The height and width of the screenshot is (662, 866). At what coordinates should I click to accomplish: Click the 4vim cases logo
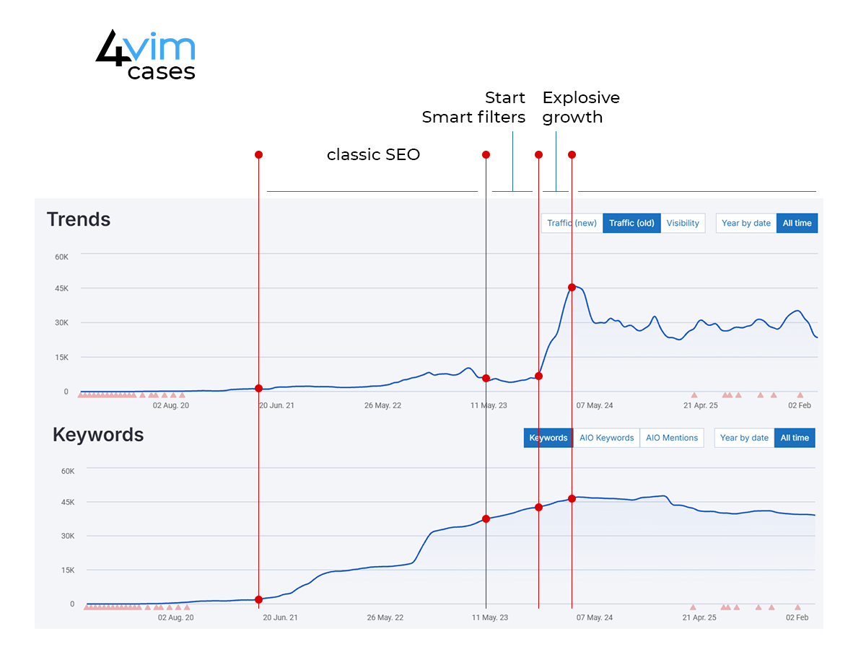tap(146, 55)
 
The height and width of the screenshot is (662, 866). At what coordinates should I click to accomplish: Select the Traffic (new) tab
tap(572, 223)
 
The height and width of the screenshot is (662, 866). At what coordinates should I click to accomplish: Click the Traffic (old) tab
tap(631, 223)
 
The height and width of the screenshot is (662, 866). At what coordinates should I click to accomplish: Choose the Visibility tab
tap(683, 223)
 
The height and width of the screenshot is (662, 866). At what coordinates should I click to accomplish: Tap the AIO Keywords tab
tap(606, 438)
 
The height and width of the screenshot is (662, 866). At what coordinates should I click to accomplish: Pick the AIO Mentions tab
tap(672, 438)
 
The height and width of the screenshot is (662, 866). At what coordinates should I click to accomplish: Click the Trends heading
tap(79, 219)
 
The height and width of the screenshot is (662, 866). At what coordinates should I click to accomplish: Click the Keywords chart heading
tap(98, 435)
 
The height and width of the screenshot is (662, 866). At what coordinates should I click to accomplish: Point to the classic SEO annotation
tap(373, 154)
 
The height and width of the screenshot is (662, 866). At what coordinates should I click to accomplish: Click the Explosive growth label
tap(580, 107)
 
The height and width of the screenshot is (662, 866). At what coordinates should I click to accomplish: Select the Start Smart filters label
tap(474, 107)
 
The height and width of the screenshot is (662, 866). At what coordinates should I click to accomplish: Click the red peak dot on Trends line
tap(572, 287)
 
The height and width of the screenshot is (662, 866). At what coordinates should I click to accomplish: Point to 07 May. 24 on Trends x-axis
tap(594, 405)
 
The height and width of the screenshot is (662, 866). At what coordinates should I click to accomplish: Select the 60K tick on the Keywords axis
tap(67, 471)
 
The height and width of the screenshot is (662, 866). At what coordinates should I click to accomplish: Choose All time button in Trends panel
tap(797, 223)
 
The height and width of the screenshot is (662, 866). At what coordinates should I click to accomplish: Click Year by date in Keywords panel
tap(744, 438)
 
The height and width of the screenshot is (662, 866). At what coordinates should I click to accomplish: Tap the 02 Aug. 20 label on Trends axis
tap(171, 405)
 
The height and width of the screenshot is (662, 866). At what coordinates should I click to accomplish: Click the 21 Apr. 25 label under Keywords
tap(700, 617)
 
